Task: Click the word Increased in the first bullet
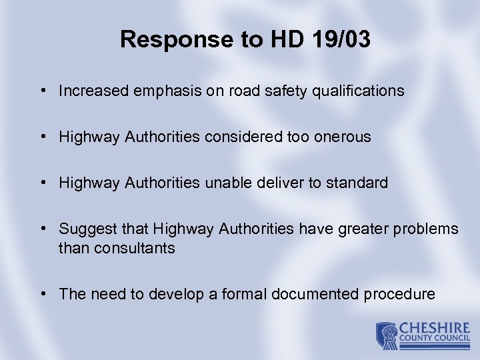point(90,91)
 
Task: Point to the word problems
point(429,229)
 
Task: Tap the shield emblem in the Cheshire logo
point(386,335)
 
